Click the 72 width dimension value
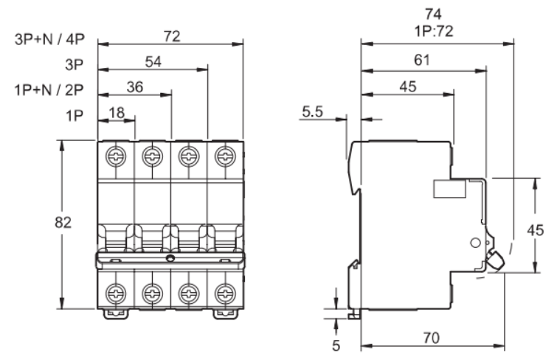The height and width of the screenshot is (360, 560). coord(172,36)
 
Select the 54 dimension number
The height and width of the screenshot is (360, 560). coord(153,62)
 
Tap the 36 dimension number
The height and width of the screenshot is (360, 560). coord(135,87)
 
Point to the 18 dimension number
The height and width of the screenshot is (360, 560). coord(117,113)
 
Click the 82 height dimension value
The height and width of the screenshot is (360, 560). coord(63,223)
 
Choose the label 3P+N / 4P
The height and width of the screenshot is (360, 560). coord(49,39)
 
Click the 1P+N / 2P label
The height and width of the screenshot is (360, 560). coord(49,90)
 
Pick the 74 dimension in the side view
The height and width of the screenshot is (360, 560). coord(433,14)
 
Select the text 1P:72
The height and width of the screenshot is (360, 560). coord(434,31)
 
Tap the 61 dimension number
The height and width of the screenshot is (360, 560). coord(422,60)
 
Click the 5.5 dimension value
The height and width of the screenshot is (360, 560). coord(313,112)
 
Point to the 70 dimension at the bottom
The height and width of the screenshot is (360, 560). coord(432,338)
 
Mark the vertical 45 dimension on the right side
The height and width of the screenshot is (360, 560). coord(536,230)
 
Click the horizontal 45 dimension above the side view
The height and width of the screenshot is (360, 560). coord(408,86)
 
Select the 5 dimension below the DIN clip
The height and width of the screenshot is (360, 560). coord(336,345)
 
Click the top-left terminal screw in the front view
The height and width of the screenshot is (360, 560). coord(116,156)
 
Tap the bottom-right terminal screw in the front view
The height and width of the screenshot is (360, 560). coord(225,293)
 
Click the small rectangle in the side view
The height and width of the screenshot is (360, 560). coord(449,189)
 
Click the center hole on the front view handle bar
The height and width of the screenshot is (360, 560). coord(170,258)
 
